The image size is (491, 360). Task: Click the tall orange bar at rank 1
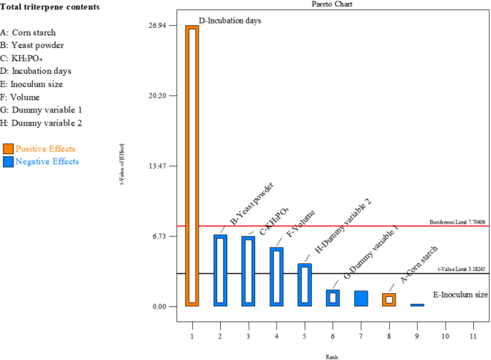click(x=192, y=166)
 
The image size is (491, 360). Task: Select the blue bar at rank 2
click(x=220, y=270)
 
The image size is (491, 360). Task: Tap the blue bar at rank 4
click(x=277, y=277)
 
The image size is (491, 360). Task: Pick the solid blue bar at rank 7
click(x=361, y=298)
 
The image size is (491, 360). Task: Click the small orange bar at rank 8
click(x=388, y=300)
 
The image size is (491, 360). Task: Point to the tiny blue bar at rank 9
click(x=416, y=305)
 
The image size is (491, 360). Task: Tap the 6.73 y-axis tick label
click(x=158, y=236)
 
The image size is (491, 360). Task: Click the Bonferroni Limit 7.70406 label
click(x=457, y=222)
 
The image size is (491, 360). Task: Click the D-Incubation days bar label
click(x=229, y=21)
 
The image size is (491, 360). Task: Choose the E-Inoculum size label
click(x=460, y=295)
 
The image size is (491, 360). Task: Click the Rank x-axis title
click(x=332, y=356)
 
